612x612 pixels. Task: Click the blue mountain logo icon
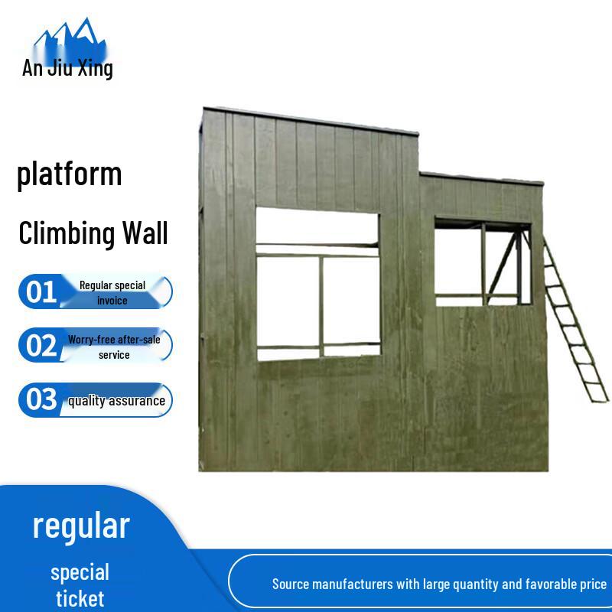[x=67, y=37]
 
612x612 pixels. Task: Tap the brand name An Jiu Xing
[x=67, y=68]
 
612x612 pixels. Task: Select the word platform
[x=70, y=174]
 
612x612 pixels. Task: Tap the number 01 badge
[x=41, y=291]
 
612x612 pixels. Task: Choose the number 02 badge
[x=41, y=346]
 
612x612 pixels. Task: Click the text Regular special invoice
[x=112, y=292]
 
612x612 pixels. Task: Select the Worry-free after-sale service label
[x=114, y=347]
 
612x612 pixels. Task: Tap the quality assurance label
[x=116, y=401]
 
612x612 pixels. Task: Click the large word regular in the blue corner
[x=81, y=526]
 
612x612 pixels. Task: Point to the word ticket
[x=80, y=598]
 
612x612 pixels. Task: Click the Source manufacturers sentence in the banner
[x=439, y=584]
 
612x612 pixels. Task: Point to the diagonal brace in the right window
[x=503, y=264]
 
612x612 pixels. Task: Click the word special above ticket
[x=80, y=572]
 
